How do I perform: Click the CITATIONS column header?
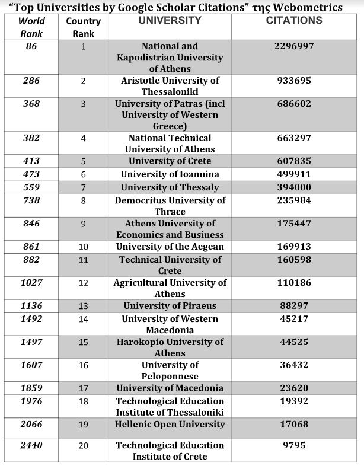294,21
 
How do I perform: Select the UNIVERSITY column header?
170,21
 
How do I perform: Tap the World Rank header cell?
31,27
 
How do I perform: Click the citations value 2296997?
294,46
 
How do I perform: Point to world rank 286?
31,81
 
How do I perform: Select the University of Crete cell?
170,161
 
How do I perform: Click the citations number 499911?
294,174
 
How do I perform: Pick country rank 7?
83,187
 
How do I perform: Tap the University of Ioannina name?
170,174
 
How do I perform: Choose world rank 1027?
31,283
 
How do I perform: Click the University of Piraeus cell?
170,306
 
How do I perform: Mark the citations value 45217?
294,319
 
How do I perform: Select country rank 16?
83,365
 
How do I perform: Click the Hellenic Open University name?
170,425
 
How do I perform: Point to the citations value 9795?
294,445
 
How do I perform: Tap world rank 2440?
31,445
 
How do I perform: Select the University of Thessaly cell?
170,187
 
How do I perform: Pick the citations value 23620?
294,388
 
